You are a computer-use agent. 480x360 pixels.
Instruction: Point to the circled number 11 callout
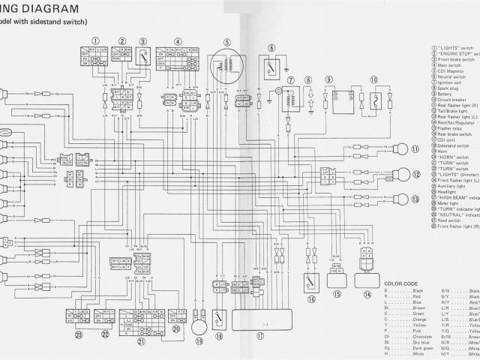pyautogui.click(x=415, y=148)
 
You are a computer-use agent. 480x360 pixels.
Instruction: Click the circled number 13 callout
pyautogui.click(x=415, y=198)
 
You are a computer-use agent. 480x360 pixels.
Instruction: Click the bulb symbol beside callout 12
pyautogui.click(x=396, y=174)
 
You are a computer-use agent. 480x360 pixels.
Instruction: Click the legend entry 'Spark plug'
pyautogui.click(x=449, y=88)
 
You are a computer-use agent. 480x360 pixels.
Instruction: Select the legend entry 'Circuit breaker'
pyautogui.click(x=454, y=100)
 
